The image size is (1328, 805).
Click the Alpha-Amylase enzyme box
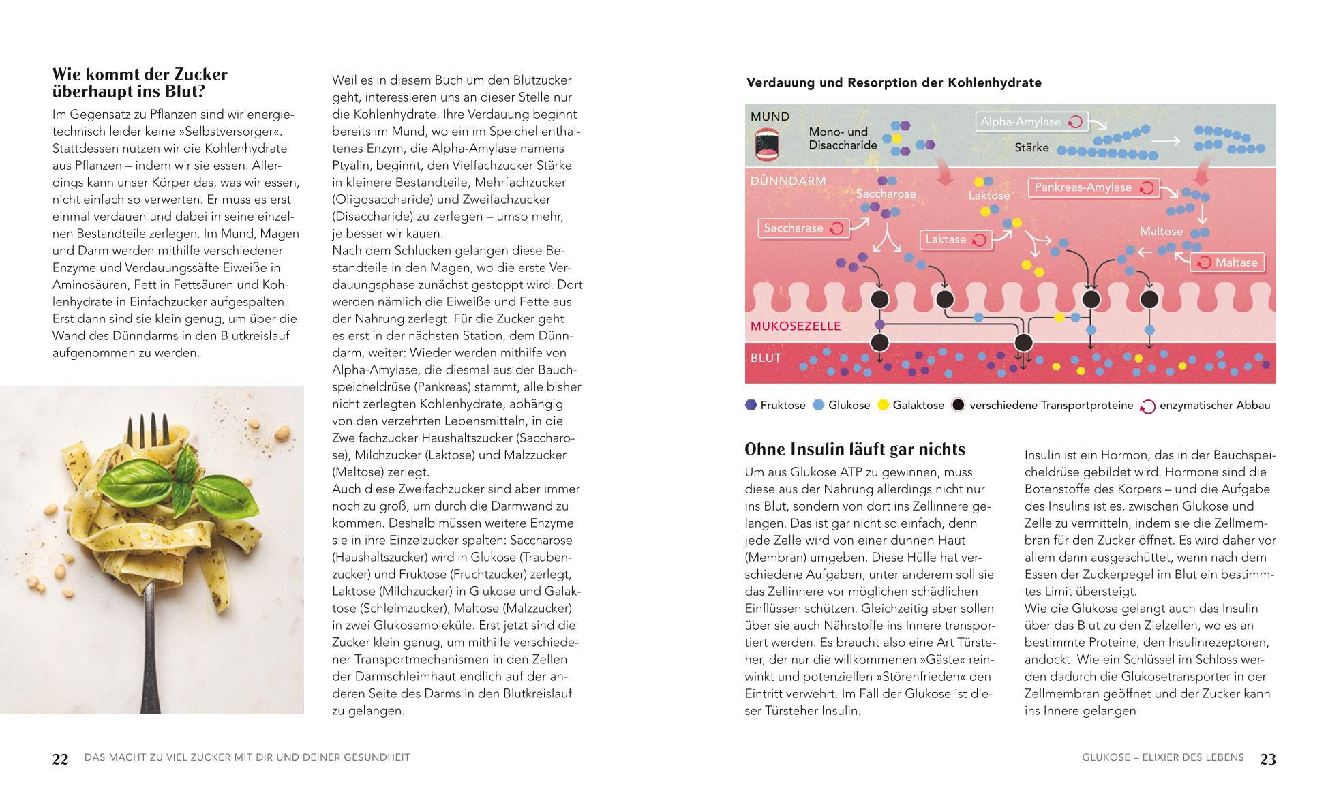click(1031, 122)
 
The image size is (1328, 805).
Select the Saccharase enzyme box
click(803, 228)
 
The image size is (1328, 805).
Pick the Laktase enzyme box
click(955, 239)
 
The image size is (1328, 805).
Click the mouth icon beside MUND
click(767, 146)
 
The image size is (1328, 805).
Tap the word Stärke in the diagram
click(1031, 148)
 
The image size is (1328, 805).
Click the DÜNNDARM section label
click(787, 181)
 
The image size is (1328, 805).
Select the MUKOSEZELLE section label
click(795, 326)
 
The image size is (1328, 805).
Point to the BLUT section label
click(766, 358)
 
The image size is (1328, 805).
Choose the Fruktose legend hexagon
click(751, 405)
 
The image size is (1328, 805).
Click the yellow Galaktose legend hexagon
click(884, 405)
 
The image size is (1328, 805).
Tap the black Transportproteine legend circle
click(959, 405)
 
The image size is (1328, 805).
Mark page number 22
click(61, 759)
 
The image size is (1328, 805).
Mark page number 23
click(1267, 759)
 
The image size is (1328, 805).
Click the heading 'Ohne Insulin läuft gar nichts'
click(855, 449)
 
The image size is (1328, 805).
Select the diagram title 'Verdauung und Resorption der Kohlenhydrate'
click(894, 82)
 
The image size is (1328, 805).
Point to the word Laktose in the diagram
click(989, 196)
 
